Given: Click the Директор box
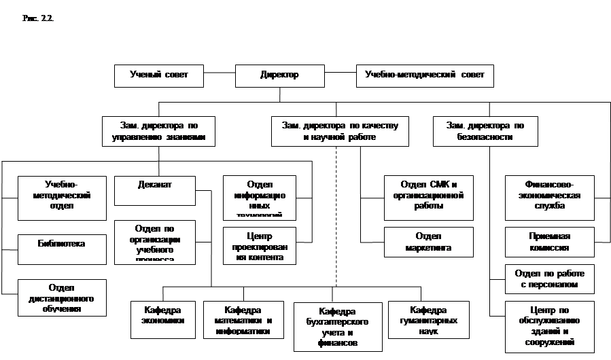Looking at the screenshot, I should click(x=279, y=75).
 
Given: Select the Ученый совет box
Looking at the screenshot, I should click(x=158, y=75).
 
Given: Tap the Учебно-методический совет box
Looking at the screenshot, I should click(x=425, y=75).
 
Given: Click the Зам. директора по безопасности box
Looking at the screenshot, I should click(x=485, y=131).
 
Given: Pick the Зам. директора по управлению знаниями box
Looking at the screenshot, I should click(x=158, y=131).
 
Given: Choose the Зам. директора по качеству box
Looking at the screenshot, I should click(x=340, y=131).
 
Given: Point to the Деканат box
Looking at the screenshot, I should click(x=154, y=190).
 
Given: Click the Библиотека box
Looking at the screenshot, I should click(x=62, y=249).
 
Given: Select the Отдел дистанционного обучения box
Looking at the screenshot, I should click(x=62, y=298).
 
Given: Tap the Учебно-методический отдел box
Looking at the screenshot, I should click(x=62, y=198).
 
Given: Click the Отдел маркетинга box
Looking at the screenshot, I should click(x=428, y=242).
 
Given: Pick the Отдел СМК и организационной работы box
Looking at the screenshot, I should click(x=428, y=198).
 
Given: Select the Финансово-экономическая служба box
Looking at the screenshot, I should click(x=549, y=198).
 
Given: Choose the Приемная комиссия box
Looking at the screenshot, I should click(x=549, y=242).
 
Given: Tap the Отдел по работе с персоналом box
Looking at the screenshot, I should click(x=549, y=279).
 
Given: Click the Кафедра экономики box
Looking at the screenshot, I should click(x=162, y=319).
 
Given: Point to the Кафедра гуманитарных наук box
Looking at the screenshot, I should click(x=428, y=319).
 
